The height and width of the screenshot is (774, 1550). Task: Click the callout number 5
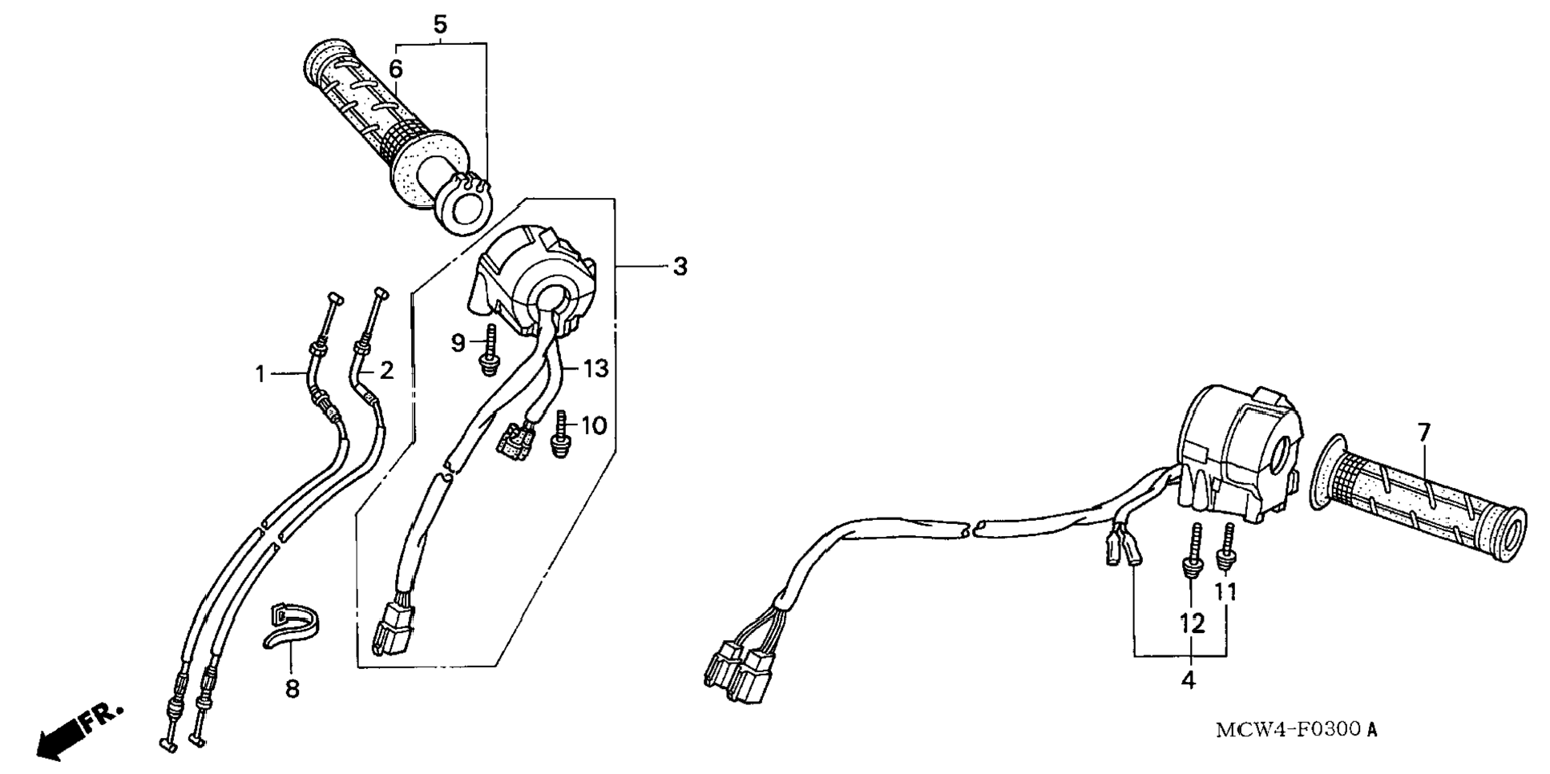pyautogui.click(x=440, y=24)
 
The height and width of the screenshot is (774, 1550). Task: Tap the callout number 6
pyautogui.click(x=396, y=69)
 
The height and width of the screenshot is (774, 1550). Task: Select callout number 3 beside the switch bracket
pyautogui.click(x=680, y=266)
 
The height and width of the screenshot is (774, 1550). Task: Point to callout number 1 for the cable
pyautogui.click(x=260, y=373)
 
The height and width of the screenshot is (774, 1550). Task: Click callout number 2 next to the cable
pyautogui.click(x=386, y=371)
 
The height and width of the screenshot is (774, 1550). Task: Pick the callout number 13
pyautogui.click(x=595, y=369)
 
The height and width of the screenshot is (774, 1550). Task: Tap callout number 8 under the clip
pyautogui.click(x=293, y=687)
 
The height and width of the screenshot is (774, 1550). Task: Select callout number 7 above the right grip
pyautogui.click(x=1423, y=433)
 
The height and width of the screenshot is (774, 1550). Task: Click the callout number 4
pyautogui.click(x=1188, y=680)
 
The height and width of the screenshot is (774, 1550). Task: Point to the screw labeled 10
pyautogui.click(x=561, y=433)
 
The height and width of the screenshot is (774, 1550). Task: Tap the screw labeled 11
pyautogui.click(x=1225, y=548)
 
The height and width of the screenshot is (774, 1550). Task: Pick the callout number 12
pyautogui.click(x=1192, y=623)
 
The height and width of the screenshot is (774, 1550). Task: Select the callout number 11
pyautogui.click(x=1225, y=591)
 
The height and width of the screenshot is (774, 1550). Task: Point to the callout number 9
pyautogui.click(x=458, y=344)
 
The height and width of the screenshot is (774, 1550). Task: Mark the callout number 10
pyautogui.click(x=593, y=425)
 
